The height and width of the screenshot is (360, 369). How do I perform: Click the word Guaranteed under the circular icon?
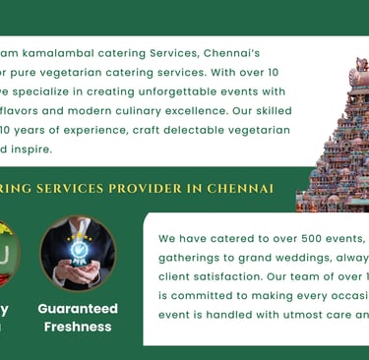click(78, 308)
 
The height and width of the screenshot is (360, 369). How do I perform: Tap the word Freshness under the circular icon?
click(78, 326)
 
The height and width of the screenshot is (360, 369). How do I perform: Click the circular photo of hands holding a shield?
click(78, 253)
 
